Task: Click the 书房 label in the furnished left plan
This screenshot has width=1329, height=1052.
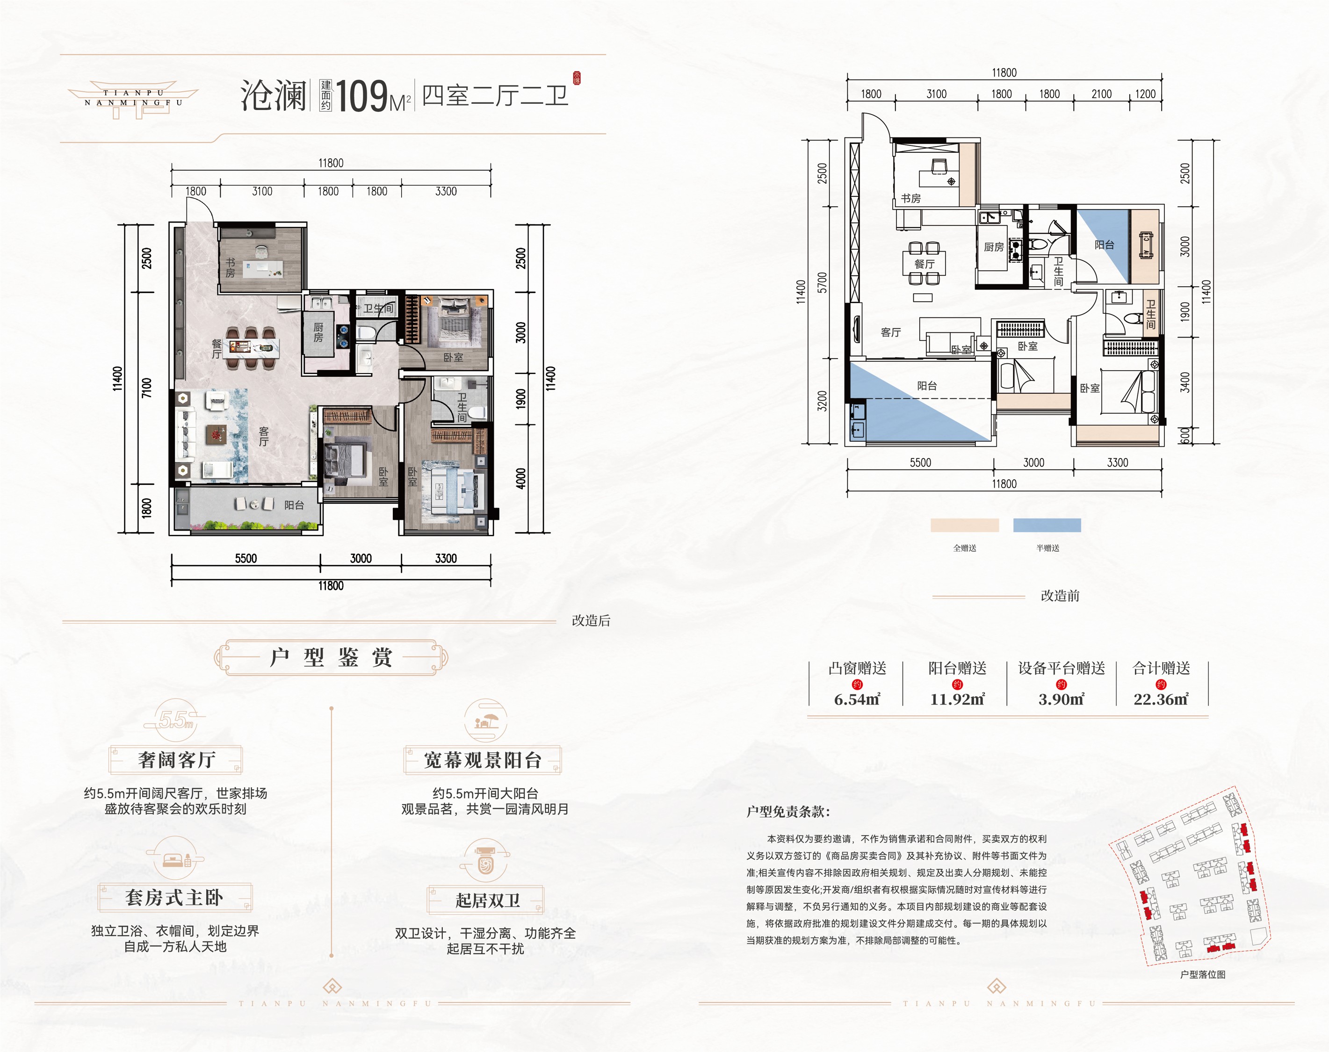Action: click(230, 268)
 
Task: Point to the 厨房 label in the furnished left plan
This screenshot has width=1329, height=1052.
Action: click(318, 332)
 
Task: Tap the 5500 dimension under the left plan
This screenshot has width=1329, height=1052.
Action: click(246, 559)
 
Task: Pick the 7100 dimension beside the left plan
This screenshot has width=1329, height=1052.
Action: click(146, 388)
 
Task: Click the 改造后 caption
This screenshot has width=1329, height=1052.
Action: click(591, 621)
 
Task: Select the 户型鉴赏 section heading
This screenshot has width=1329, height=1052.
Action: click(331, 658)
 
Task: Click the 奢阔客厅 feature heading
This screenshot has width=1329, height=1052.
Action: click(176, 760)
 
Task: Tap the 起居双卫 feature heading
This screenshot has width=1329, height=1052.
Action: click(487, 901)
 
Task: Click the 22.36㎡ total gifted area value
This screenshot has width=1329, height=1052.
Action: click(1161, 699)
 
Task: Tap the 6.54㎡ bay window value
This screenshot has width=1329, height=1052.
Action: click(857, 699)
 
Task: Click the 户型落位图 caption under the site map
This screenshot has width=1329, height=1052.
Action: click(1203, 974)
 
